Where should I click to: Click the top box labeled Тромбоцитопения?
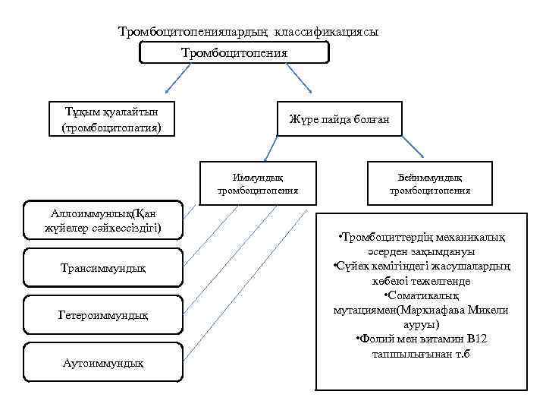pyautogui.click(x=235, y=52)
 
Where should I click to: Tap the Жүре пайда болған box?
pyautogui.click(x=339, y=119)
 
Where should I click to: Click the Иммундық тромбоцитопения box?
pyautogui.click(x=257, y=184)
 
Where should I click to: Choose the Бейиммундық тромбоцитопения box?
pyautogui.click(x=430, y=184)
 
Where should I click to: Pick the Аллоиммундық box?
pyautogui.click(x=104, y=219)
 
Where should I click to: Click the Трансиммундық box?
pyautogui.click(x=104, y=268)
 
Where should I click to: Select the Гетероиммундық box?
pyautogui.click(x=104, y=314)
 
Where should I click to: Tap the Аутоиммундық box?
pyautogui.click(x=104, y=363)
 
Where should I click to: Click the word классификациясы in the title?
pyautogui.click(x=327, y=33)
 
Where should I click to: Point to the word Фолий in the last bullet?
pyautogui.click(x=376, y=339)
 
